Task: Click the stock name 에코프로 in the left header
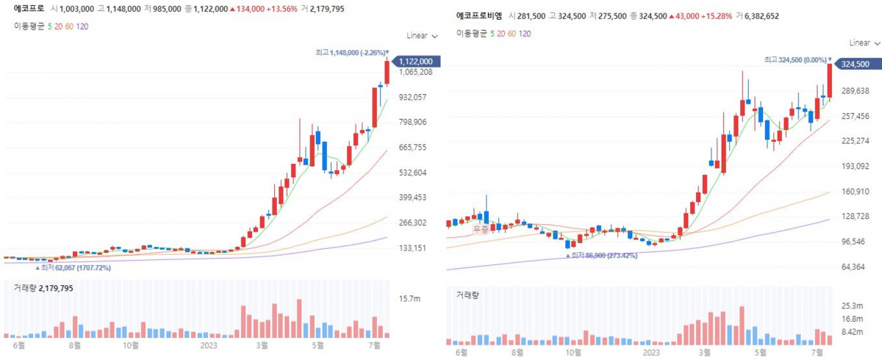[x=29, y=9]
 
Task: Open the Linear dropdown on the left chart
[x=422, y=35]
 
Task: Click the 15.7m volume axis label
[x=409, y=298]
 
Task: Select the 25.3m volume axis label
[x=852, y=305]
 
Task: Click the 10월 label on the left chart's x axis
[x=131, y=344]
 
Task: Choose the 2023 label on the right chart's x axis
[x=651, y=352]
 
